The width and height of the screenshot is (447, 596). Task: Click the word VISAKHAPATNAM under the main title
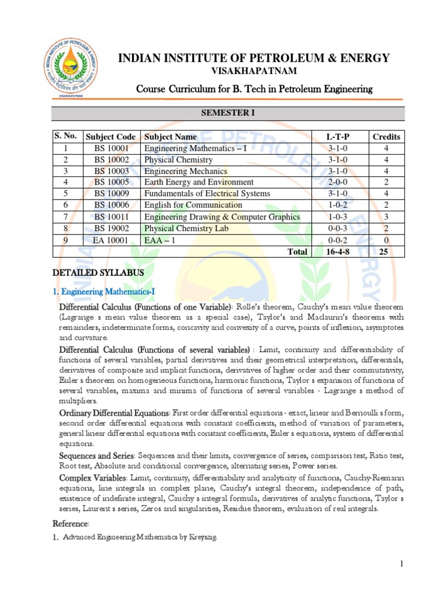coord(253,71)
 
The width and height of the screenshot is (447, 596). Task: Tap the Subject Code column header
coord(111,137)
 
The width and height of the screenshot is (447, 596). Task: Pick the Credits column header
coord(386,137)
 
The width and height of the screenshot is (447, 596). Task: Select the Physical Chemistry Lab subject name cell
coord(186,228)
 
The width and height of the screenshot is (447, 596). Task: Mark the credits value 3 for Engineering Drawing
coord(386,217)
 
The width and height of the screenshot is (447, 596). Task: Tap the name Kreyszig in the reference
coord(201,537)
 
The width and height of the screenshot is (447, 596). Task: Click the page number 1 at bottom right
coord(402,563)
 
